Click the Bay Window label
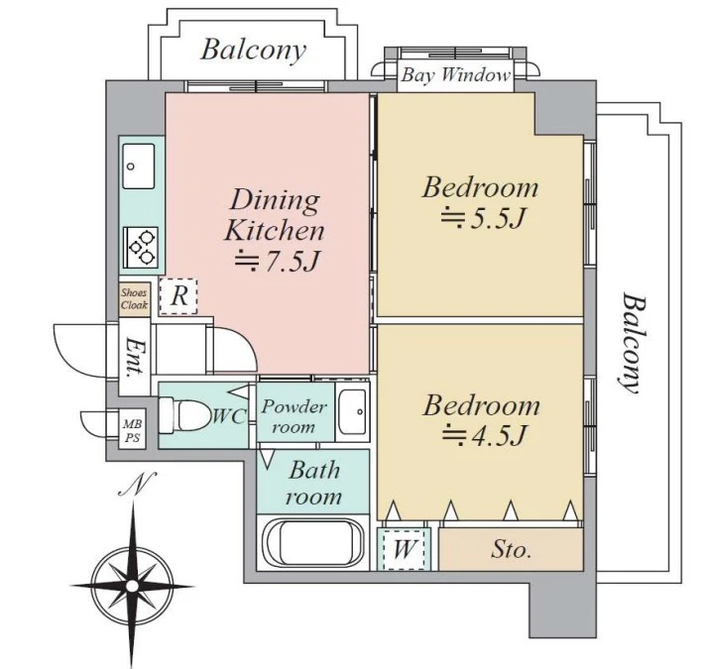point(456,74)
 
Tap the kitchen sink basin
point(139,167)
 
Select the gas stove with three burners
point(141,248)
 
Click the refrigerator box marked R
point(178,296)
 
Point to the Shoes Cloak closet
point(134,299)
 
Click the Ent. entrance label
point(134,357)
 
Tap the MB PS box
point(133,430)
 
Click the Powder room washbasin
point(353,411)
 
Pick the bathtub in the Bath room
point(313,543)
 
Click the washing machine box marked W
point(404,549)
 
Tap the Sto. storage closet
point(511,549)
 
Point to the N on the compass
point(138,484)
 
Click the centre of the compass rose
point(132,586)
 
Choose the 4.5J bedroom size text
point(484,435)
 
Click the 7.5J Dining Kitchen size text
point(278,261)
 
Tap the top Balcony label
point(254,50)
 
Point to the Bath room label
point(313,484)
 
